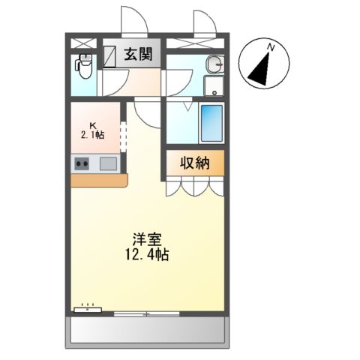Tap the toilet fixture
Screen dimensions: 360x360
[x=85, y=67]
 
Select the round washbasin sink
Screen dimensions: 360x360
[x=214, y=63]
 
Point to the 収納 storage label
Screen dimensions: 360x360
[x=193, y=163]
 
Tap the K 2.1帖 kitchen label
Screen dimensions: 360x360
[x=94, y=130]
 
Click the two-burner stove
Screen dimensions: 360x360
[x=82, y=163]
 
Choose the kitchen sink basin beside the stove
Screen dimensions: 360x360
[x=108, y=163]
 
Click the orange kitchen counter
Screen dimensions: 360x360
[x=99, y=180]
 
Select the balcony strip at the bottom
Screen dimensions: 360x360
[x=147, y=331]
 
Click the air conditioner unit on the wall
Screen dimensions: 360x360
[x=87, y=307]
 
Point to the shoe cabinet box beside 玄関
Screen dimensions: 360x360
[x=111, y=55]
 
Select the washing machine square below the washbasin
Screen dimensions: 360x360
[x=214, y=85]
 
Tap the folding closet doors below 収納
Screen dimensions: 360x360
[x=193, y=185]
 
